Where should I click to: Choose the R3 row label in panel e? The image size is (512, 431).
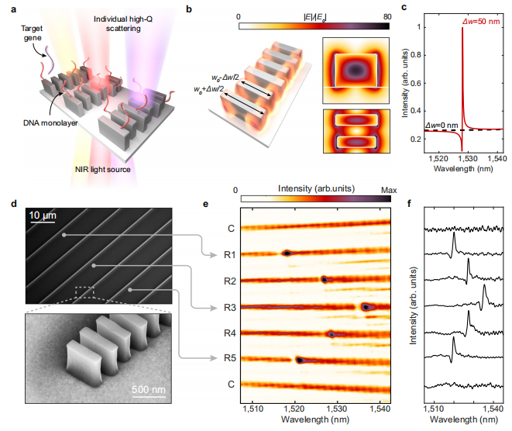click(x=230, y=307)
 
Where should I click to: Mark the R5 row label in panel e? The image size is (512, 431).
click(x=230, y=359)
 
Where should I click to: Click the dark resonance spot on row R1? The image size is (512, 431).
click(x=286, y=253)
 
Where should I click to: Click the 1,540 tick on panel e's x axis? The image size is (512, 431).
click(x=380, y=405)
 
